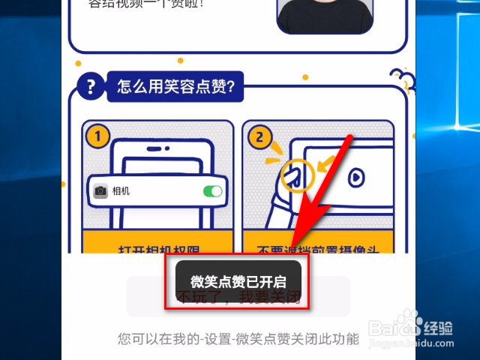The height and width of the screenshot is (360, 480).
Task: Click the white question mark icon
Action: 91,88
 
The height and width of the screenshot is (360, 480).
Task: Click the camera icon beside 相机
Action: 100,191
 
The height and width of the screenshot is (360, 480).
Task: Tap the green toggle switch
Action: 213,192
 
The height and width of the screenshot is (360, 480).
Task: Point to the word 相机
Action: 121,191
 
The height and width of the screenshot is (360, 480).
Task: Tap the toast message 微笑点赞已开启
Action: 238,282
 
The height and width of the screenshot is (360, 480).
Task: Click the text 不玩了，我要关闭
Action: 238,298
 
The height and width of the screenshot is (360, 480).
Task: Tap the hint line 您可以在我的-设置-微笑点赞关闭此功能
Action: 238,338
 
